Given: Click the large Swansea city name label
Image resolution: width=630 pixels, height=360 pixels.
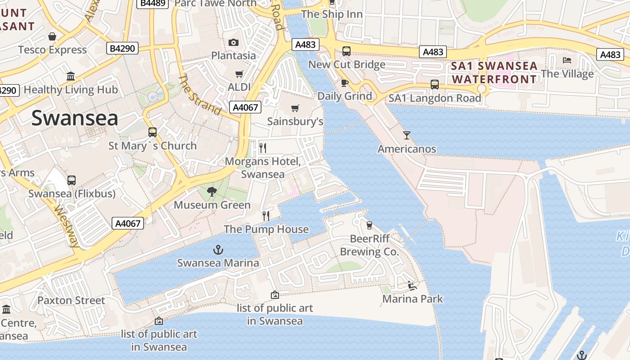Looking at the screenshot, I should (75, 118).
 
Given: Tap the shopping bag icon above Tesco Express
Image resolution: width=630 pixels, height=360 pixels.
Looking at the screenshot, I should (52, 36).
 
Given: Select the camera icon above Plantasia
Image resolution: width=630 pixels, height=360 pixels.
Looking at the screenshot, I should (234, 43).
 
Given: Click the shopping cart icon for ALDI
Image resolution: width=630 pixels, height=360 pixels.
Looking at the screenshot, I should (239, 74).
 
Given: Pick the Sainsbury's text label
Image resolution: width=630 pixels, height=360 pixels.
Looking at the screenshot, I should (295, 121).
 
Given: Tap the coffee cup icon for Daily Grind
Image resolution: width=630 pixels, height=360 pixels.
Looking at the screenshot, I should (345, 83).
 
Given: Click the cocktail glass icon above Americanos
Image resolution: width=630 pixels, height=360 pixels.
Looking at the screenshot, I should (407, 135).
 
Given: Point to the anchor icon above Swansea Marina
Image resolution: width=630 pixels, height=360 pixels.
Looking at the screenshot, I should (218, 249).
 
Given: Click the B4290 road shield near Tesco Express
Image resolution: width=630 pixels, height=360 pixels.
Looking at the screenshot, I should (122, 48).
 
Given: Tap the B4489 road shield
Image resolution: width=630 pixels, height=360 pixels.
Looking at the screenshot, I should (153, 4).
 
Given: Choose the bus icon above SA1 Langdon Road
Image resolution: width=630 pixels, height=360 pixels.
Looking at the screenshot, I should (435, 85).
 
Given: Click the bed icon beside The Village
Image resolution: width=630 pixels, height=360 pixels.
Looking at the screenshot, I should (567, 60).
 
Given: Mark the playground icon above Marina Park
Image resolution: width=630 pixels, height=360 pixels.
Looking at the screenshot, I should (412, 285).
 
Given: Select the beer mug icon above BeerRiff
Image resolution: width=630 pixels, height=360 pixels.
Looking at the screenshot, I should (369, 225).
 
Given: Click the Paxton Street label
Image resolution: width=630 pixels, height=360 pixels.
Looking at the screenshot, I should (71, 300).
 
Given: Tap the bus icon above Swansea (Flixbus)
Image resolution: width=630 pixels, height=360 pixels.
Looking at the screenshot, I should (72, 180).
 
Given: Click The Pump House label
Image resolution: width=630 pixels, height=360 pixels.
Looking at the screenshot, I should (266, 229).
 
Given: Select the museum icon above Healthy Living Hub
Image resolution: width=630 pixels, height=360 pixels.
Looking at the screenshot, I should (71, 76).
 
